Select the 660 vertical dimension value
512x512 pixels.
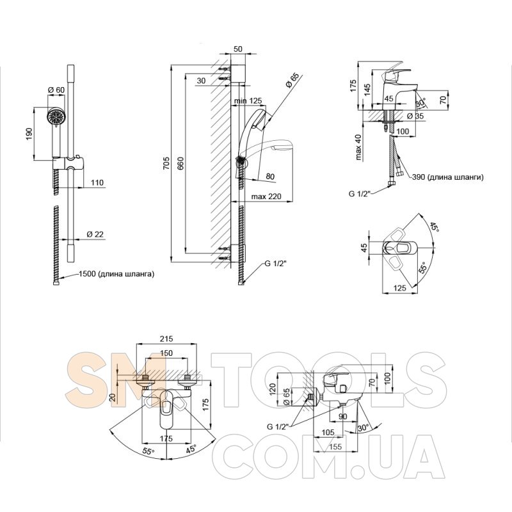pos(179,164)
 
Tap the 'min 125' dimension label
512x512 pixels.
pos(249,102)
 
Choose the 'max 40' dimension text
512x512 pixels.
pos(359,147)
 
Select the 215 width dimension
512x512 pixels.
pos(167,339)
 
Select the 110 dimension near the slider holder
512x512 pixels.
pos(97,183)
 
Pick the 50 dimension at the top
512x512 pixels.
pos(238,49)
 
